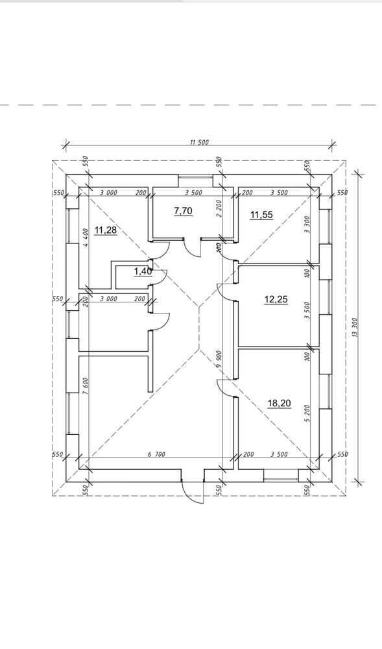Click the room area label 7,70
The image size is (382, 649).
[x=183, y=212]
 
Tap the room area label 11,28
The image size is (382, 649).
[x=106, y=230]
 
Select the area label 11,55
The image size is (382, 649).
[x=261, y=215]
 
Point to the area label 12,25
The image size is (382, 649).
[x=276, y=299]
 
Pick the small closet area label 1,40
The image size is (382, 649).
[x=143, y=271]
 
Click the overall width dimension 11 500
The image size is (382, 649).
[x=199, y=142]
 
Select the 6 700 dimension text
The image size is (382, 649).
[x=157, y=454]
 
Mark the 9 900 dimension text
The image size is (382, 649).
[x=219, y=360]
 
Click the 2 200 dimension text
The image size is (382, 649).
[x=219, y=209]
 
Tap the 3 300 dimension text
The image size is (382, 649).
[x=307, y=225]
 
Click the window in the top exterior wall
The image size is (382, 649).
[x=196, y=181]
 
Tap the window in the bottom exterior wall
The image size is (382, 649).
[x=281, y=476]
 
